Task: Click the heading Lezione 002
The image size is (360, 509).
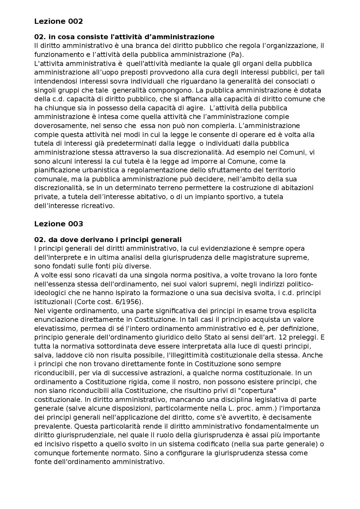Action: click(x=58, y=21)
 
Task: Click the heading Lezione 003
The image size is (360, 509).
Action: click(x=58, y=224)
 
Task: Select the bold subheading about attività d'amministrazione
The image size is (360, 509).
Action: click(x=124, y=37)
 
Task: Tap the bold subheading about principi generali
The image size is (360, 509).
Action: click(x=108, y=240)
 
